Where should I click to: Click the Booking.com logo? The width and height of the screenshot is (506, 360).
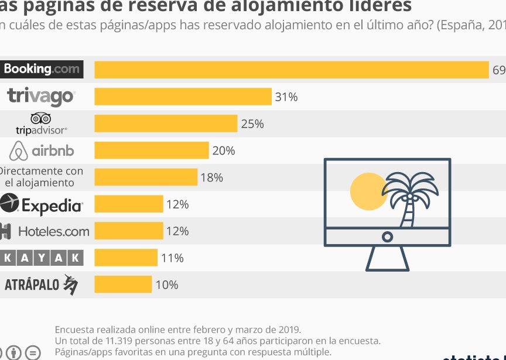click(x=41, y=69)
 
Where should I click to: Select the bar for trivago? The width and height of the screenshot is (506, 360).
click(x=183, y=97)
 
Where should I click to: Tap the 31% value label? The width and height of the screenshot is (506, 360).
click(x=286, y=97)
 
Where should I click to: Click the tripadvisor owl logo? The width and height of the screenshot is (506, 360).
click(x=41, y=123)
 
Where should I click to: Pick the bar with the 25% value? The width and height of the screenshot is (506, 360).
click(x=166, y=124)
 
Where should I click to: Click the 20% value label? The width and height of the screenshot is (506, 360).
click(x=224, y=151)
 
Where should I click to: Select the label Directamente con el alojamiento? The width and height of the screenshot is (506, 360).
click(x=41, y=177)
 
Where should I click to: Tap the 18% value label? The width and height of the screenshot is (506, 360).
click(x=212, y=177)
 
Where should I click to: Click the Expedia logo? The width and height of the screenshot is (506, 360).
click(x=42, y=204)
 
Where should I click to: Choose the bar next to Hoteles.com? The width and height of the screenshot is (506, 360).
click(x=129, y=231)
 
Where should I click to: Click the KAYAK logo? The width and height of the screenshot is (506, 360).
click(x=42, y=258)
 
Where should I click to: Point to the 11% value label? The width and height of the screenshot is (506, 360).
click(x=172, y=258)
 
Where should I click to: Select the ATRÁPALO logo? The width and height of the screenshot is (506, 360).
click(x=41, y=284)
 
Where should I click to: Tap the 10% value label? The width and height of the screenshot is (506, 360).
click(x=167, y=285)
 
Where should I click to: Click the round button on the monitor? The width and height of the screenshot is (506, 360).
click(x=387, y=236)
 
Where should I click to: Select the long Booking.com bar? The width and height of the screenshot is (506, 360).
click(x=291, y=70)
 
